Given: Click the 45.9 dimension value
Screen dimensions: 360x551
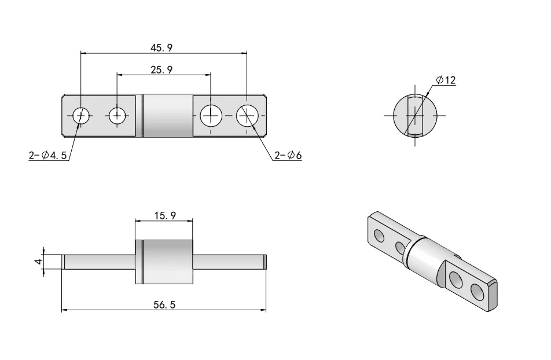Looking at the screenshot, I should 163,47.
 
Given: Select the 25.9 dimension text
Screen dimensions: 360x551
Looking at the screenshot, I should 162,69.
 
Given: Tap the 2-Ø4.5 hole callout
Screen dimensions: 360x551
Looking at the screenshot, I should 47,156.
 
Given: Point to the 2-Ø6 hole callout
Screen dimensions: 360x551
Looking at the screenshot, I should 288,156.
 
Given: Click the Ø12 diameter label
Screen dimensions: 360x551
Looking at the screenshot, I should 446,80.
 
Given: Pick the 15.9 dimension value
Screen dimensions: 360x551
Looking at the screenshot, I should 165,216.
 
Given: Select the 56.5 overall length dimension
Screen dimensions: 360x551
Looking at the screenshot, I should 164,305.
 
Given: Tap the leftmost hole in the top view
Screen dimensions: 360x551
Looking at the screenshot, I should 81,116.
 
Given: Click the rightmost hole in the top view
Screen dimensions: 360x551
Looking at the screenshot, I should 247,116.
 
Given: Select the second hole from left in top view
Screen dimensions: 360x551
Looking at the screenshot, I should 118,116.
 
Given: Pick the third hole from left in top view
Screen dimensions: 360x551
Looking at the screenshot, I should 211,116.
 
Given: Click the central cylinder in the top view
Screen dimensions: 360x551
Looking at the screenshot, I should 168,116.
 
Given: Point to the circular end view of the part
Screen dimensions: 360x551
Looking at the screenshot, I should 415,115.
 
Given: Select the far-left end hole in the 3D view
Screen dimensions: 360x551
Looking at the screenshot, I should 379,235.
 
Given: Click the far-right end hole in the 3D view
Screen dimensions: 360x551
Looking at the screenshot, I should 477,292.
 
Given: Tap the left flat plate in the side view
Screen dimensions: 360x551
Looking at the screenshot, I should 98,262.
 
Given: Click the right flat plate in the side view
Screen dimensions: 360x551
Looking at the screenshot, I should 229,262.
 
